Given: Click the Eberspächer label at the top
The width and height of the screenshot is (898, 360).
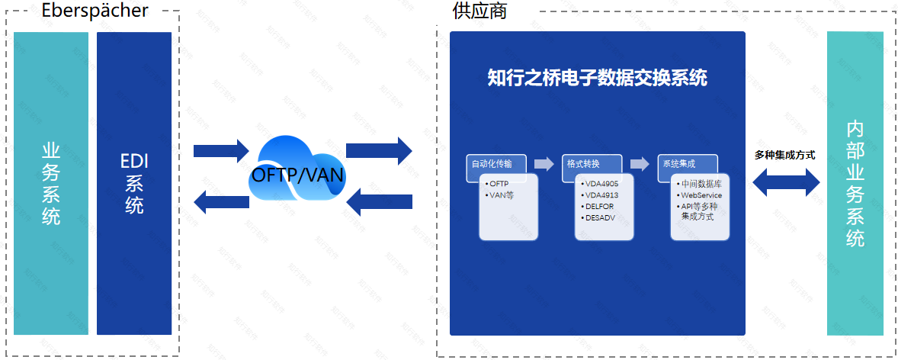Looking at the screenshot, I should click(95, 11).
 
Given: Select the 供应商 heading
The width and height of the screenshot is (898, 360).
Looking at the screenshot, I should click(479, 11).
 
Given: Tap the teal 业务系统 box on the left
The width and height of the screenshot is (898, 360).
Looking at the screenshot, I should click(51, 184).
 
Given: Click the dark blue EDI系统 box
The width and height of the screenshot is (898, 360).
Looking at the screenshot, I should click(134, 184).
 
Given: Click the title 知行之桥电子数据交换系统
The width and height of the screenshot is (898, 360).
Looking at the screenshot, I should click(597, 79).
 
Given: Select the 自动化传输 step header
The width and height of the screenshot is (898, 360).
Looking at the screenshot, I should click(492, 164).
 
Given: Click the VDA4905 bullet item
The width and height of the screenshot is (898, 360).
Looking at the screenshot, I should click(600, 184).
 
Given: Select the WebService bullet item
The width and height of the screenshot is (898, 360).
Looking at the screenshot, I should click(700, 195).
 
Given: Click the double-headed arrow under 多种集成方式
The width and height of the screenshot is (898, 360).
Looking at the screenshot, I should click(786, 182).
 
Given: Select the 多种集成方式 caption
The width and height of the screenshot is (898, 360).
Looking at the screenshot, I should click(785, 155).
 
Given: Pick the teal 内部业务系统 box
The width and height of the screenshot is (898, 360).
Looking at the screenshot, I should click(855, 184).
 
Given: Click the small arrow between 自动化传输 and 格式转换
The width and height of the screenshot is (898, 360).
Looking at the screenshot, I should click(544, 163).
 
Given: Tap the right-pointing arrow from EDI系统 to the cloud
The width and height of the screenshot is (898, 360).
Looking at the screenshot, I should click(221, 150).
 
